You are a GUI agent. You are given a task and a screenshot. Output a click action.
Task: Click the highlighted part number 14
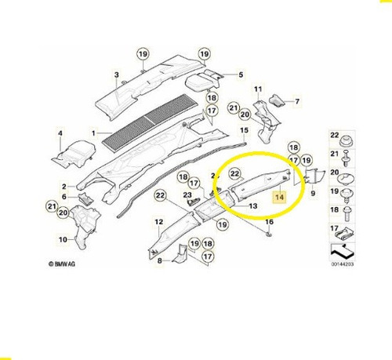click(x=279, y=197)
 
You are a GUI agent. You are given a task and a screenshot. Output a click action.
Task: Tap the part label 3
click(x=117, y=75)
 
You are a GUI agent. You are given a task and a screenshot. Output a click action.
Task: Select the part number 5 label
click(x=241, y=75)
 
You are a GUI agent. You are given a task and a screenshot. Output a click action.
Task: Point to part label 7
click(x=297, y=101)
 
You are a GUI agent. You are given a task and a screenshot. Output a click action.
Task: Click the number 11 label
click(x=258, y=89)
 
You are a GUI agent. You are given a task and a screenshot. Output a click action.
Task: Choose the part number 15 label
click(x=244, y=130)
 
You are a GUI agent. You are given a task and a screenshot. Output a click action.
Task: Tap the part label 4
click(x=60, y=133)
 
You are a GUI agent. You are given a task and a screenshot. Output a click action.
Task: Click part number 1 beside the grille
click(x=93, y=133)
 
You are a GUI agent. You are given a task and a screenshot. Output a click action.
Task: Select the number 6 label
click(x=64, y=197)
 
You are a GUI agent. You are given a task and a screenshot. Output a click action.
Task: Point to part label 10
click(x=63, y=239)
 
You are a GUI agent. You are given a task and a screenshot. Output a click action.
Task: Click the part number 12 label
click(x=159, y=222)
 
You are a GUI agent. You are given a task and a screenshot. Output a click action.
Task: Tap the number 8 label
click(x=160, y=260)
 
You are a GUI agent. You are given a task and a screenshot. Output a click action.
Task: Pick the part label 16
click(x=270, y=222)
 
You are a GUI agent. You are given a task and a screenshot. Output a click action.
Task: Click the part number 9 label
click(x=313, y=194)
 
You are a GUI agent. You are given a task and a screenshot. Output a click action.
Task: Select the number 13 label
click(x=253, y=206)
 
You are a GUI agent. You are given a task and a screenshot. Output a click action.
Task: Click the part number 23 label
click(x=187, y=195)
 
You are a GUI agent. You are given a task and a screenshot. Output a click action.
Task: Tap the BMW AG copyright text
click(x=62, y=264)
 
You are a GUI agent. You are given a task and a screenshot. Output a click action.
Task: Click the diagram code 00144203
click(x=343, y=264)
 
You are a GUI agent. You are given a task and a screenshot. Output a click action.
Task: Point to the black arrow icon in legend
click(x=342, y=251)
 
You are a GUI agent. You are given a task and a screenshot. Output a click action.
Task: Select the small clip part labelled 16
click(x=268, y=233)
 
